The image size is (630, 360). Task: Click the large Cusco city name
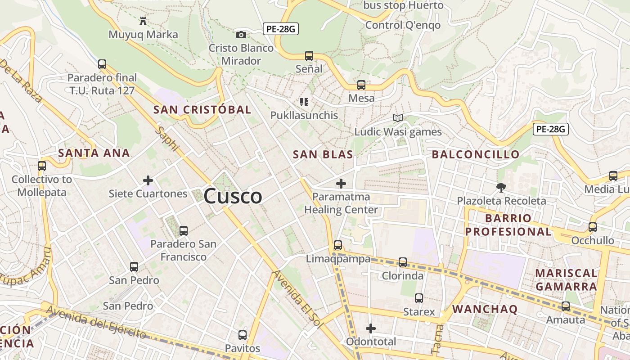click(x=233, y=196)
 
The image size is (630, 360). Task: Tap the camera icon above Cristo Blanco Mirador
click(x=241, y=35)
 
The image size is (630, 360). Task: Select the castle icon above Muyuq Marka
click(x=143, y=21)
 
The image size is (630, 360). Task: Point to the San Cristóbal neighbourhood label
click(x=202, y=109)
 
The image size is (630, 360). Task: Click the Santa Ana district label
click(x=94, y=153)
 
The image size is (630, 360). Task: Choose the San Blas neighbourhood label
click(x=323, y=154)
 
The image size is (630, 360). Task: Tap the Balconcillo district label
click(x=476, y=154)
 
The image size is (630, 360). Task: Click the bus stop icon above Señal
click(x=309, y=56)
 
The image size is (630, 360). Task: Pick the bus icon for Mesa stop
click(x=361, y=85)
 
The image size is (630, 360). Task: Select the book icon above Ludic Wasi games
click(x=397, y=118)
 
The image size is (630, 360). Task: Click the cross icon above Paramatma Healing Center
click(x=341, y=184)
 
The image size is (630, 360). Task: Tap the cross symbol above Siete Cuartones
click(x=148, y=181)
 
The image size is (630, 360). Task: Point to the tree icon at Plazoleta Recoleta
click(x=501, y=187)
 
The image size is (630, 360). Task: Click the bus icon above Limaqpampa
click(x=338, y=245)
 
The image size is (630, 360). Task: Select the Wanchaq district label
click(x=485, y=309)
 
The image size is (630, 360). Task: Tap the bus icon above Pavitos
click(x=243, y=335)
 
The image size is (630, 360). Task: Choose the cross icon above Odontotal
click(x=371, y=328)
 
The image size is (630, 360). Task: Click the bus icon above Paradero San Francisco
click(x=183, y=231)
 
